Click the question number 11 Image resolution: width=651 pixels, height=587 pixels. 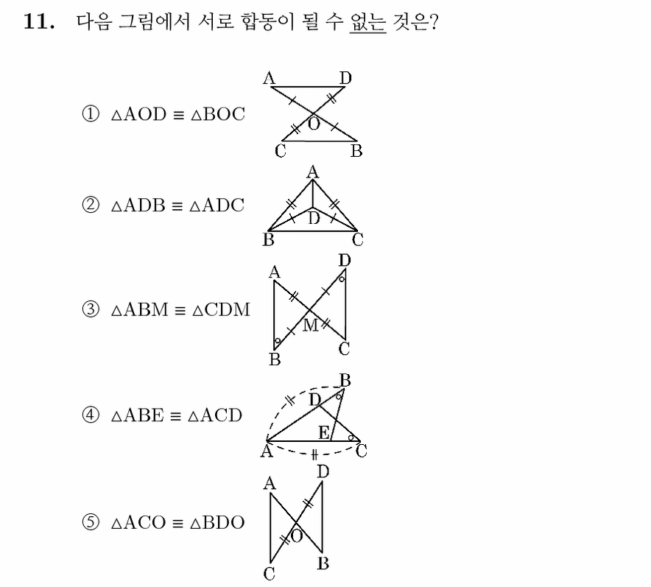pyautogui.click(x=38, y=21)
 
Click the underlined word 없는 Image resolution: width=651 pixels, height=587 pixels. pyautogui.click(x=368, y=21)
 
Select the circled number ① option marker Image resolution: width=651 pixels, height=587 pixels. pyautogui.click(x=91, y=113)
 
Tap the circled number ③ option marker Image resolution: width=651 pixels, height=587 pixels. pyautogui.click(x=91, y=309)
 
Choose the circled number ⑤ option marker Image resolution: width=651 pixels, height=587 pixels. pyautogui.click(x=91, y=522)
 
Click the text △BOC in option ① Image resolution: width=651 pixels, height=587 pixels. pyautogui.click(x=218, y=114)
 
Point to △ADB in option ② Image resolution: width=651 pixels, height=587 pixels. pyautogui.click(x=138, y=205)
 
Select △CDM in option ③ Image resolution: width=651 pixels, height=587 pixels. pyautogui.click(x=221, y=309)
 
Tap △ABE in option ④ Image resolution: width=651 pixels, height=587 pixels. pyautogui.click(x=138, y=415)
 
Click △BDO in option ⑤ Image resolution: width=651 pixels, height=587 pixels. pyautogui.click(x=217, y=523)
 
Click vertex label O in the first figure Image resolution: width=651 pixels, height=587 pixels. pyautogui.click(x=314, y=124)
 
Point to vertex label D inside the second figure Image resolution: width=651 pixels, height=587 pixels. pyautogui.click(x=314, y=218)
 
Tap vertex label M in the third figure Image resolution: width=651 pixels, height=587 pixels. pyautogui.click(x=311, y=326)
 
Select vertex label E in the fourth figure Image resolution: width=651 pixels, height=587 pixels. pyautogui.click(x=324, y=432)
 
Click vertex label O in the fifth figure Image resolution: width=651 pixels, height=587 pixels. pyautogui.click(x=297, y=536)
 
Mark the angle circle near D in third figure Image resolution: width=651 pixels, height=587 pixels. pyautogui.click(x=342, y=279)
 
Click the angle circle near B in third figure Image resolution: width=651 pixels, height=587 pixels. pyautogui.click(x=278, y=341)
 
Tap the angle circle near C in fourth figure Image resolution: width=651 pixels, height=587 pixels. pyautogui.click(x=351, y=437)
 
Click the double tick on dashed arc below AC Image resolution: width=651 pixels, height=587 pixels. pyautogui.click(x=314, y=455)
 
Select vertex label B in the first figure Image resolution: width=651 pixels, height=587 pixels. pyautogui.click(x=356, y=151)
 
